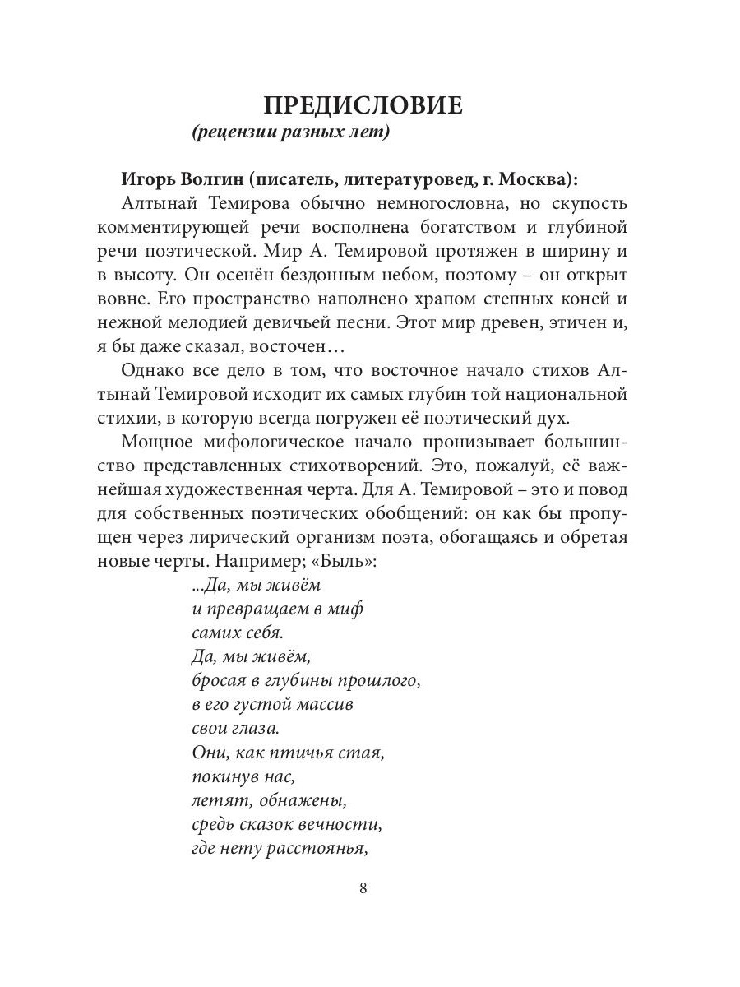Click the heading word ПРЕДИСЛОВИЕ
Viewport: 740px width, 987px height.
click(363, 106)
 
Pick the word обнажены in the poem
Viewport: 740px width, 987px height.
click(308, 800)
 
